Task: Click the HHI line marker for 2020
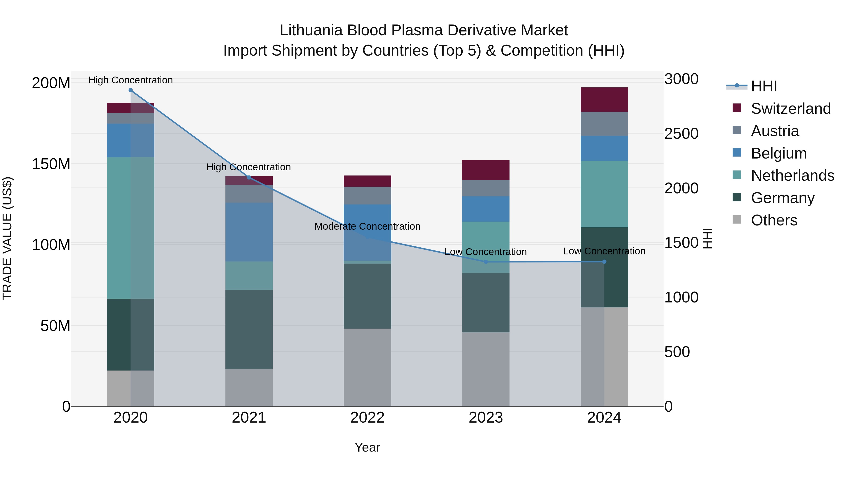click(x=130, y=90)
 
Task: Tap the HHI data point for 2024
click(x=604, y=262)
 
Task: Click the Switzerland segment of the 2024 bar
click(x=604, y=100)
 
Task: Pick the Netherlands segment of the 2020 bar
click(x=130, y=228)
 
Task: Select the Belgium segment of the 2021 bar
click(x=249, y=232)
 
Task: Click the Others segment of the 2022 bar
click(x=367, y=367)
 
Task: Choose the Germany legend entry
click(x=783, y=198)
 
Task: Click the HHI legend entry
click(x=764, y=86)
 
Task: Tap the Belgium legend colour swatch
click(x=737, y=153)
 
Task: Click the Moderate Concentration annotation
click(x=367, y=226)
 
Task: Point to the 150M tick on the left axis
click(x=51, y=164)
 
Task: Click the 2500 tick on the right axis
click(x=681, y=134)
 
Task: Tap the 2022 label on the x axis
click(x=367, y=418)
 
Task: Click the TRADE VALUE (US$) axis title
click(x=7, y=238)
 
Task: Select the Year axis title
click(x=367, y=447)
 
